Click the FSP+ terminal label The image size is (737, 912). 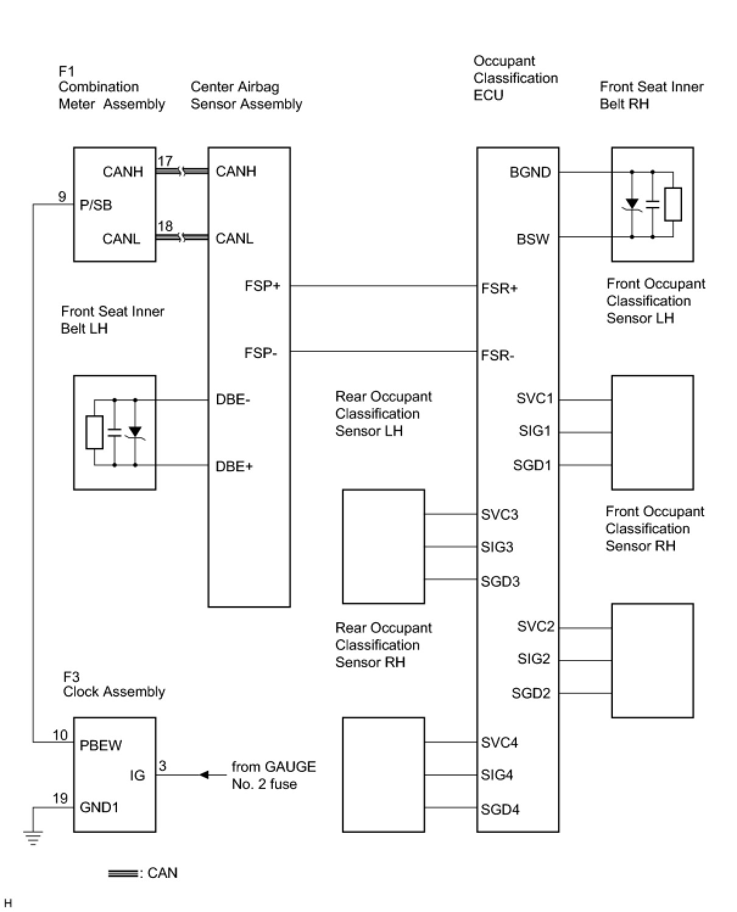[262, 286]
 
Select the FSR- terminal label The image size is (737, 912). [497, 355]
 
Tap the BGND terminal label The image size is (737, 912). [530, 172]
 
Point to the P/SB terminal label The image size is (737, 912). [96, 205]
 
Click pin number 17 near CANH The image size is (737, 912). [165, 161]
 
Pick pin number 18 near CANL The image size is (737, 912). [165, 226]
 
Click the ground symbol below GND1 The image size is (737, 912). [33, 837]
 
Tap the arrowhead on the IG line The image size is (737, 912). [204, 774]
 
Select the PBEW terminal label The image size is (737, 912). [100, 745]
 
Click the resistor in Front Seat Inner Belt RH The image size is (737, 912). [673, 204]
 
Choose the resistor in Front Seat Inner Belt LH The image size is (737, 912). [94, 432]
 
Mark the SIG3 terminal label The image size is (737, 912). [497, 547]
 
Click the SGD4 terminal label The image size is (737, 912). [499, 809]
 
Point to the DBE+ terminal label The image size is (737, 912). [234, 466]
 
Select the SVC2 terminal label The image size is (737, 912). [536, 626]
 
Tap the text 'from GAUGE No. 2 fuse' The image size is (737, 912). [273, 775]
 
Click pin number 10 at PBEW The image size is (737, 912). [60, 735]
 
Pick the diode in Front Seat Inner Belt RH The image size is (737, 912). [632, 204]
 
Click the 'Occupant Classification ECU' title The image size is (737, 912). [516, 78]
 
